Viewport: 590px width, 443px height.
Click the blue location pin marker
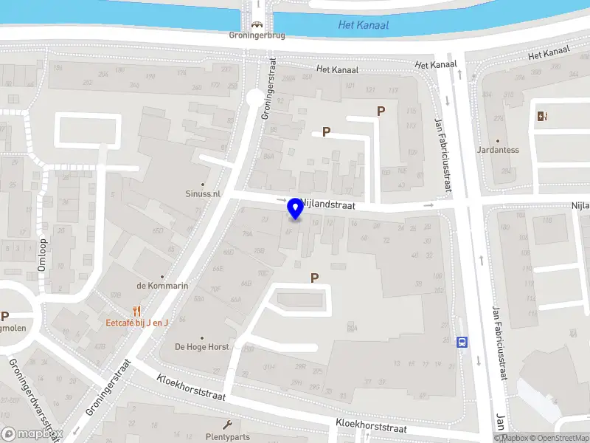(x=296, y=208)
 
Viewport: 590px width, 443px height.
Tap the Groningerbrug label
(x=257, y=34)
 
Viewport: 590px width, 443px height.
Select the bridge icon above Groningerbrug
(x=257, y=23)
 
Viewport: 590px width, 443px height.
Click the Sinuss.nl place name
(x=203, y=193)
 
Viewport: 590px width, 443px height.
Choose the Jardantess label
(x=498, y=150)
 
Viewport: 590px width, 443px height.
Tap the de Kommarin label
(x=162, y=286)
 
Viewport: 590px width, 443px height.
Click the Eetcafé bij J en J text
(x=137, y=323)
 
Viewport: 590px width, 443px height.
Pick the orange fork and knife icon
(x=136, y=311)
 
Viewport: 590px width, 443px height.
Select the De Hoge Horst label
(x=201, y=346)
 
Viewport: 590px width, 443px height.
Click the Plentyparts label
(x=227, y=436)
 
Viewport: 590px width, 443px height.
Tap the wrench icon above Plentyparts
(x=228, y=425)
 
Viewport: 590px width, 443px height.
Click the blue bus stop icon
(x=462, y=342)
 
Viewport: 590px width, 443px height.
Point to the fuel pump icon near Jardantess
(x=542, y=116)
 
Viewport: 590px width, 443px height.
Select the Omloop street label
(x=43, y=255)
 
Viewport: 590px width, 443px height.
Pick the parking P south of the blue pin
(x=315, y=278)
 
